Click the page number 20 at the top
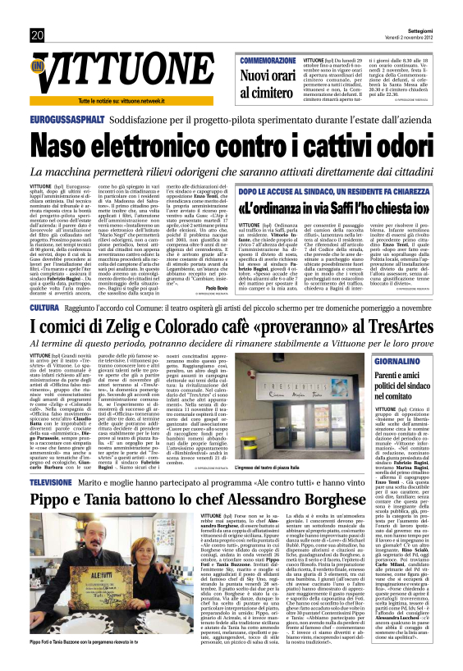(38, 35)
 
